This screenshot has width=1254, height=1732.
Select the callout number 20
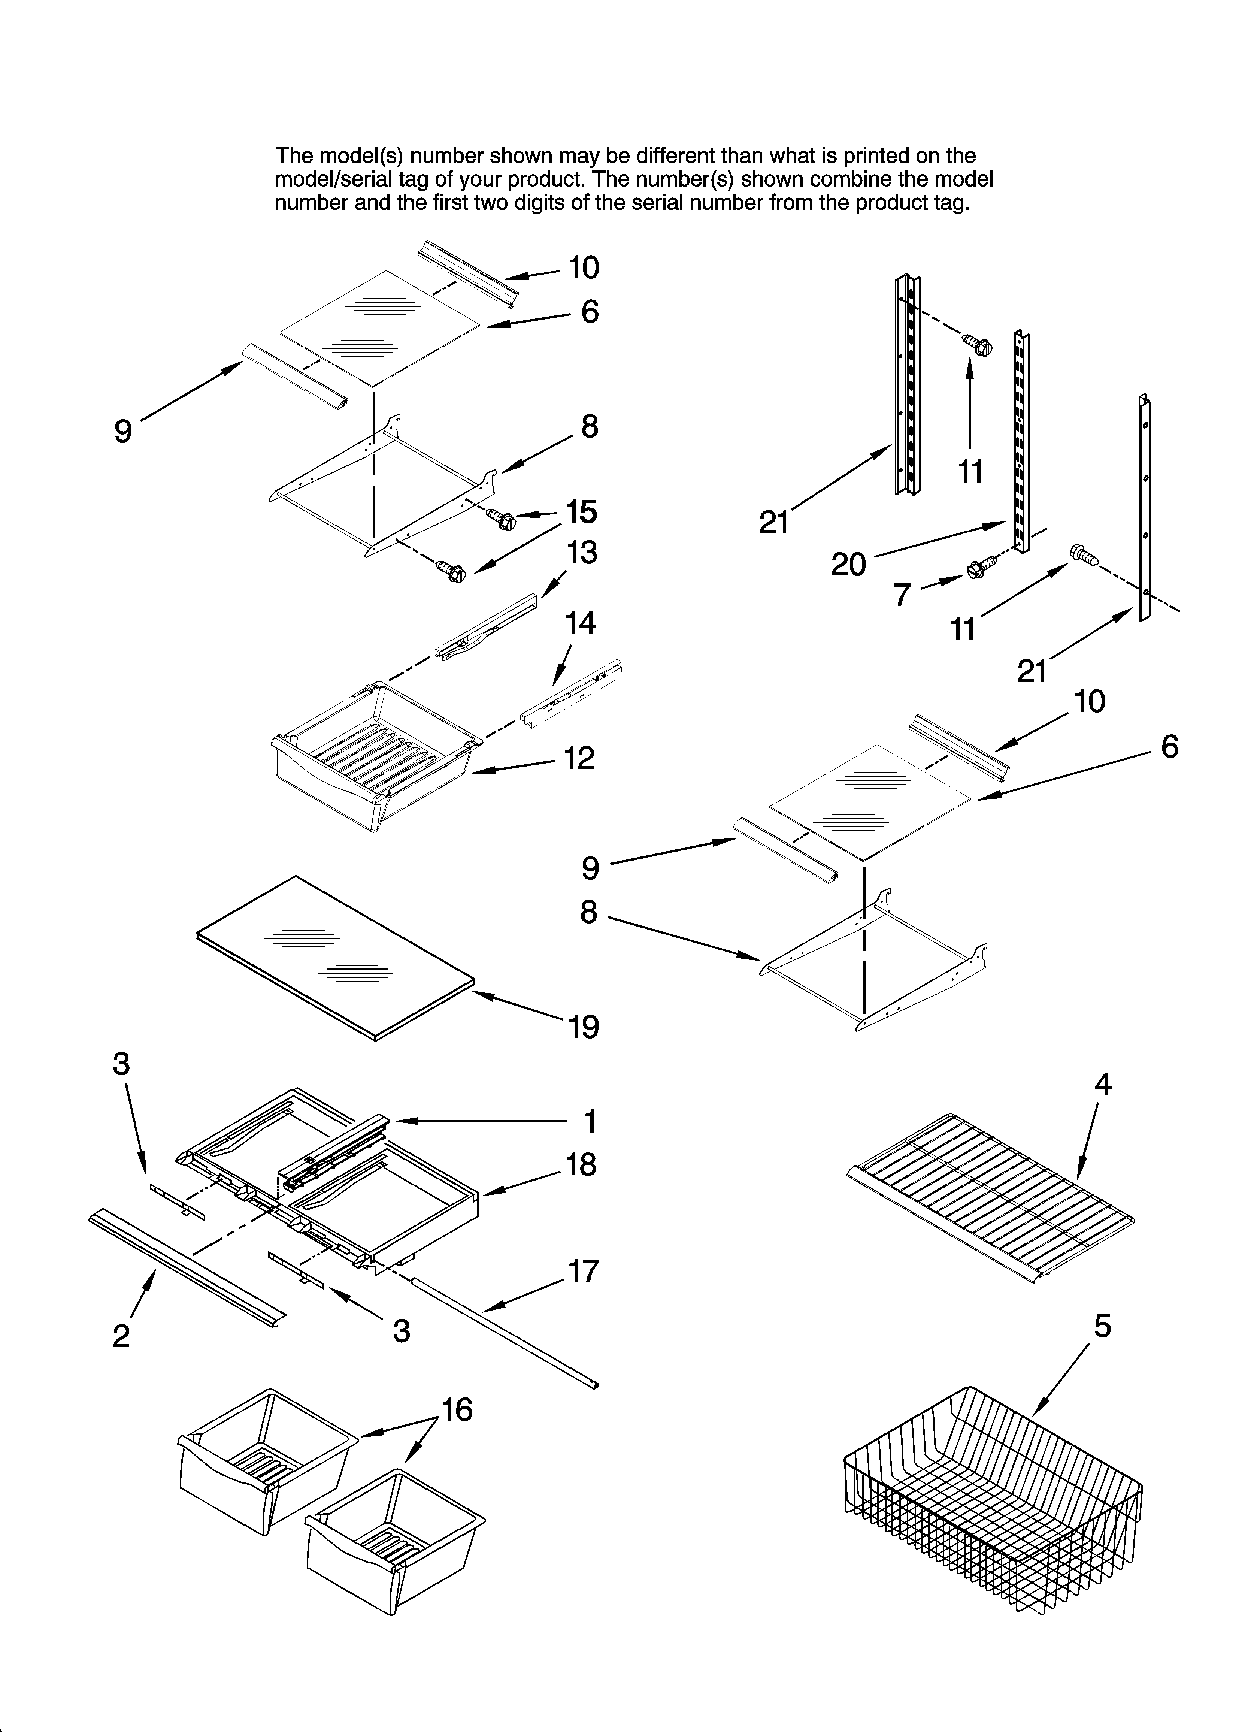tap(848, 564)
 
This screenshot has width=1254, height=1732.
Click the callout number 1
tap(590, 1122)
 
